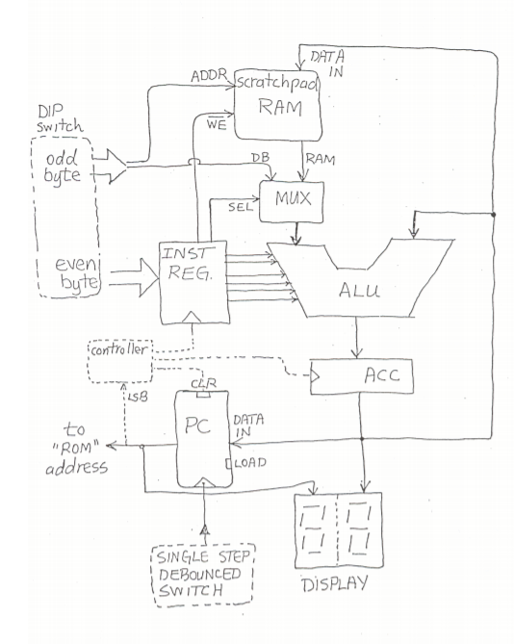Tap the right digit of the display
tap(366, 530)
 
